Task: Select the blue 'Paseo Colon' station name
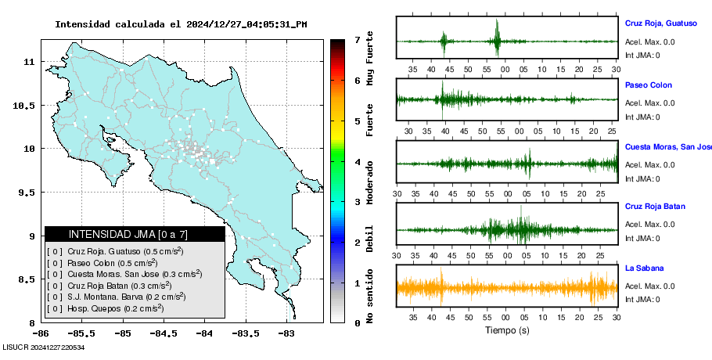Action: click(648, 85)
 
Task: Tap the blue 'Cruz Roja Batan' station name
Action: click(655, 207)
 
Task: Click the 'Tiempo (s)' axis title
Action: click(507, 330)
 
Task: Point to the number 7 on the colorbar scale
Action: click(357, 39)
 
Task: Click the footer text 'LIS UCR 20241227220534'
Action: click(43, 347)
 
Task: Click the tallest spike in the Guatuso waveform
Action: click(497, 33)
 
